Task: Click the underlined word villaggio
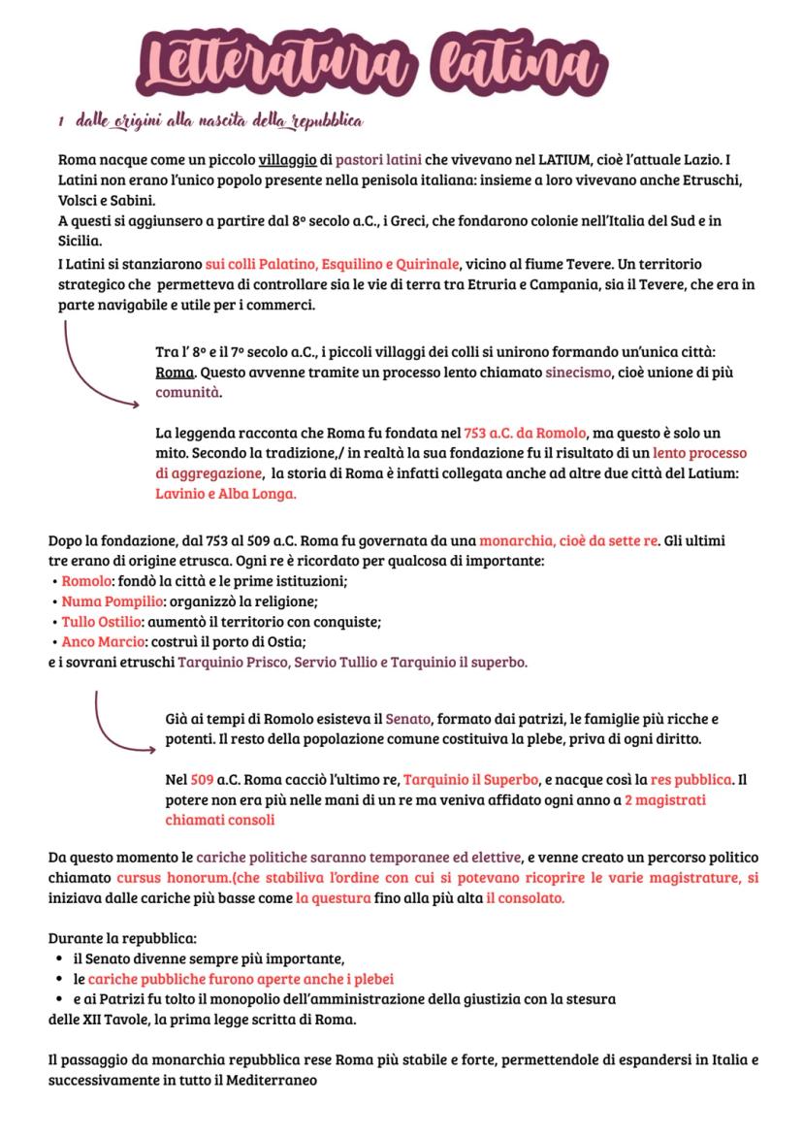tap(287, 158)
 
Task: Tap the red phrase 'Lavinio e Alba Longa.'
tap(225, 493)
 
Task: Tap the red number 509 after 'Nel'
tap(202, 779)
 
